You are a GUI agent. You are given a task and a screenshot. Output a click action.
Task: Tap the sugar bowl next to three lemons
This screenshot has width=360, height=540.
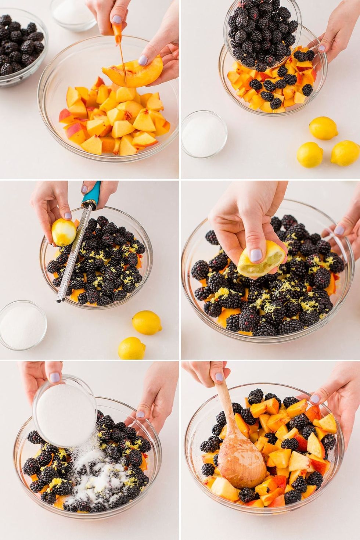click(x=204, y=134)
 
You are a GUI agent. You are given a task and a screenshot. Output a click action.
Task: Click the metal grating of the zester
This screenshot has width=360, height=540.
click(x=75, y=253)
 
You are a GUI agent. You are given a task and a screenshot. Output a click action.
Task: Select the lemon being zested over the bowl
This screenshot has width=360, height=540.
click(x=64, y=232)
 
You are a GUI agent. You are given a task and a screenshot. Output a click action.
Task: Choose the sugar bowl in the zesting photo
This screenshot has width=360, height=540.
click(x=23, y=325)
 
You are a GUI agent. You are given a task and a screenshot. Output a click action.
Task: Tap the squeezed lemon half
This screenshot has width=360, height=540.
click(x=262, y=259)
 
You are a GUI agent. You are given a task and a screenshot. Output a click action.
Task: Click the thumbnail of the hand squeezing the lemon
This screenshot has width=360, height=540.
click(x=256, y=255)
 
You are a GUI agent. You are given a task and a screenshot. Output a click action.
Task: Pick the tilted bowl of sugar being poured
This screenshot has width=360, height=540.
click(x=64, y=411)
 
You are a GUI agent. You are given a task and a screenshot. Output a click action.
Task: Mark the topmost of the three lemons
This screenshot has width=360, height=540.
click(x=323, y=128)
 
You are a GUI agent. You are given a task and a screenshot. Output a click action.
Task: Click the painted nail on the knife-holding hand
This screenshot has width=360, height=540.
click(x=116, y=19)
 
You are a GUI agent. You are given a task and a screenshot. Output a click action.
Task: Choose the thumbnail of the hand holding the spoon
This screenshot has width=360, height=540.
click(x=219, y=377)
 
